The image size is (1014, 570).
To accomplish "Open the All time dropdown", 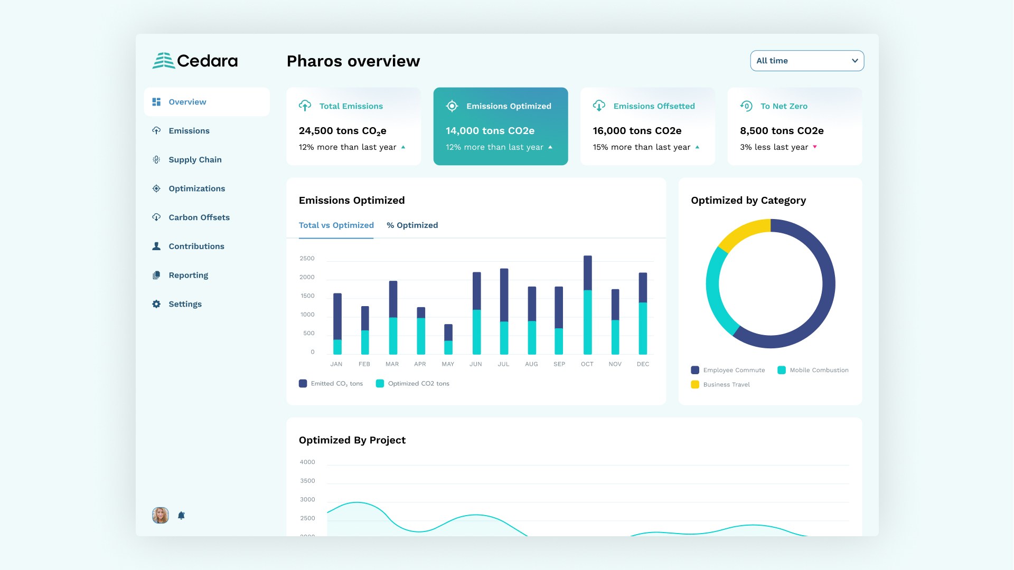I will click(x=806, y=61).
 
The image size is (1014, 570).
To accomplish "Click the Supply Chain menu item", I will click(x=194, y=159).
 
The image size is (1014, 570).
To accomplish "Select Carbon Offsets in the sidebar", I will click(x=199, y=217).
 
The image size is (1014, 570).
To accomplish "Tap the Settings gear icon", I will click(x=156, y=304).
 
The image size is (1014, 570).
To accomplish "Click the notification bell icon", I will click(x=181, y=516).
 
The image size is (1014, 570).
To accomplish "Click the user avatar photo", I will click(x=161, y=515).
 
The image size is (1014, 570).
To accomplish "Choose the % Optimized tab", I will click(x=412, y=225).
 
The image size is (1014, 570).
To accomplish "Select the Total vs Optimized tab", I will click(x=336, y=225).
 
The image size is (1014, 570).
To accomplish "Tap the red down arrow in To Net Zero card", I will click(x=815, y=147).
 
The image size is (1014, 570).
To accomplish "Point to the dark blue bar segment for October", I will click(x=587, y=272).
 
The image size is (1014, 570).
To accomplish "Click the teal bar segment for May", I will click(x=448, y=347).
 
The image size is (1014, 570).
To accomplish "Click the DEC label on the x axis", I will click(x=643, y=364).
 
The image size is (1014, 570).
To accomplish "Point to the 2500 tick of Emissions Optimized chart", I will click(x=307, y=259).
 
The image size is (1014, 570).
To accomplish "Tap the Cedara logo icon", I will click(x=163, y=61).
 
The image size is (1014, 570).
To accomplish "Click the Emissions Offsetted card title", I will click(x=654, y=106).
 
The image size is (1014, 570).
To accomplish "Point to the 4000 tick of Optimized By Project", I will click(x=307, y=462).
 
